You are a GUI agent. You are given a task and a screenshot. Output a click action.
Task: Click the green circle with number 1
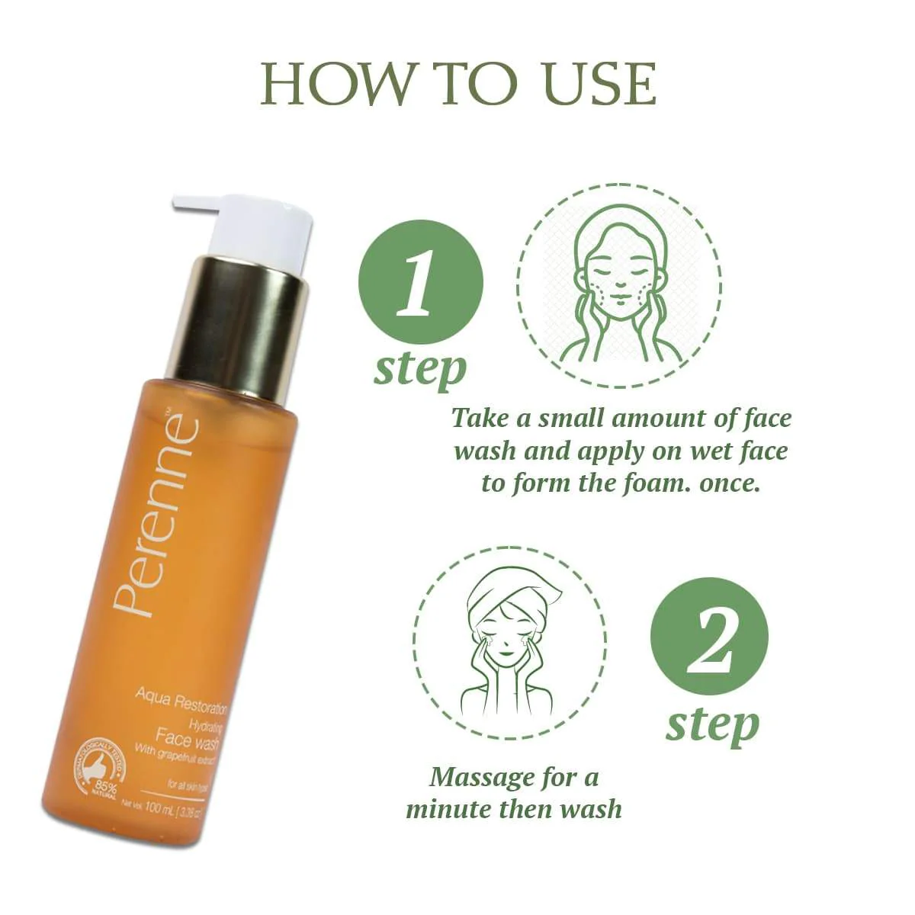pyautogui.click(x=420, y=282)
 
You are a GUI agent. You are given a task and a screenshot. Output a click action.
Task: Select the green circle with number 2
pyautogui.click(x=709, y=636)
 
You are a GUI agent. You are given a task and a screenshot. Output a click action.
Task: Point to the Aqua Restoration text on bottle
pyautogui.click(x=181, y=698)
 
